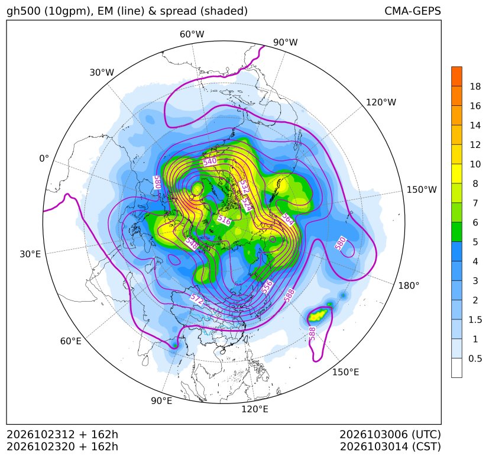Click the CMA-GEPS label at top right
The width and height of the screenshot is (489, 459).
[x=413, y=11]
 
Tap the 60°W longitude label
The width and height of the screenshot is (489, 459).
[x=192, y=34]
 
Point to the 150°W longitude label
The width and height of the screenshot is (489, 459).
[x=422, y=190]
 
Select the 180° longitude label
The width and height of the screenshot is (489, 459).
[x=409, y=286]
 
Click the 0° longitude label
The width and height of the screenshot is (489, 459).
[x=44, y=159]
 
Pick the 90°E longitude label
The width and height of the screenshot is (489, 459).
[x=161, y=400]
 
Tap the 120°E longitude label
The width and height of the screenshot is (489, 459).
[x=255, y=409]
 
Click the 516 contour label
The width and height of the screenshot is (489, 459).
[x=224, y=220]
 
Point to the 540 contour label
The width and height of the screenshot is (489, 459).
[x=209, y=161]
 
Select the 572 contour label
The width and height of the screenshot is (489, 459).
[x=197, y=299]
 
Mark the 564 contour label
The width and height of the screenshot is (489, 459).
[x=288, y=219]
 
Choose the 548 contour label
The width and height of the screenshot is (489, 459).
[x=192, y=243]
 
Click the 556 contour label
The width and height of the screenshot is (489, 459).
[x=267, y=287]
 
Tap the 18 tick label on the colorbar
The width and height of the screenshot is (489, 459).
[x=475, y=87]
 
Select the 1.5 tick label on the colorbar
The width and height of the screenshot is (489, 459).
[x=475, y=320]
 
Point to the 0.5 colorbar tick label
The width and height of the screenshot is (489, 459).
[x=475, y=359]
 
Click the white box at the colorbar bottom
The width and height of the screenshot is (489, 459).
[x=456, y=368]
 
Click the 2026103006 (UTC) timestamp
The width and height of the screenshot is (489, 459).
[x=390, y=435]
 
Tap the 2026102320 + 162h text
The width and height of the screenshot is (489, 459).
[x=62, y=447]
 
